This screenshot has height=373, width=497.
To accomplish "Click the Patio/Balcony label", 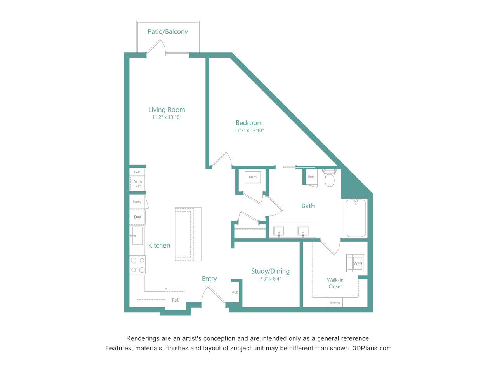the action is click(168, 32).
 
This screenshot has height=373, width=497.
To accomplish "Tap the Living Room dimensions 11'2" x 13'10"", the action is click(167, 117).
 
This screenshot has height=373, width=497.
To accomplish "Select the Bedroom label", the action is click(249, 123).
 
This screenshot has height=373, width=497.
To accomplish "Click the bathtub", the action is click(356, 218).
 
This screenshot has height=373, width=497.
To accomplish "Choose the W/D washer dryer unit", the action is click(355, 263).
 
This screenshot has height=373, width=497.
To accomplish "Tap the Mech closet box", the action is click(253, 177).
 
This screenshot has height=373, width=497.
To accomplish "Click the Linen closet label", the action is click(311, 177).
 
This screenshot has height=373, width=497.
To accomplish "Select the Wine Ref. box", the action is click(137, 183).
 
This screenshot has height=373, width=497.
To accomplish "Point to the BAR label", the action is click(137, 172).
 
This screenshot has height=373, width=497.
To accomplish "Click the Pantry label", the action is click(137, 202).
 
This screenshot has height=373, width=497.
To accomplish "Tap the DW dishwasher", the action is click(137, 217).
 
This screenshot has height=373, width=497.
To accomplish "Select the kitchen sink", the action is click(137, 235).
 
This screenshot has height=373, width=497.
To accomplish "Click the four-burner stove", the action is click(138, 265).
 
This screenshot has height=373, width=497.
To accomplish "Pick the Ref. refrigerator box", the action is click(176, 300).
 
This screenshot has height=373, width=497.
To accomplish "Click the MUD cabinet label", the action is click(235, 293).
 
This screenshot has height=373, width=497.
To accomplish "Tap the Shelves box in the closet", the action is click(335, 303).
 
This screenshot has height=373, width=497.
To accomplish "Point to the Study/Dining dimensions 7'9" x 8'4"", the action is click(270, 279).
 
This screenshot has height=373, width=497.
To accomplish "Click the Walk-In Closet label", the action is click(335, 283).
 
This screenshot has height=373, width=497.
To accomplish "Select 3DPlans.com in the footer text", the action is click(372, 348).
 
